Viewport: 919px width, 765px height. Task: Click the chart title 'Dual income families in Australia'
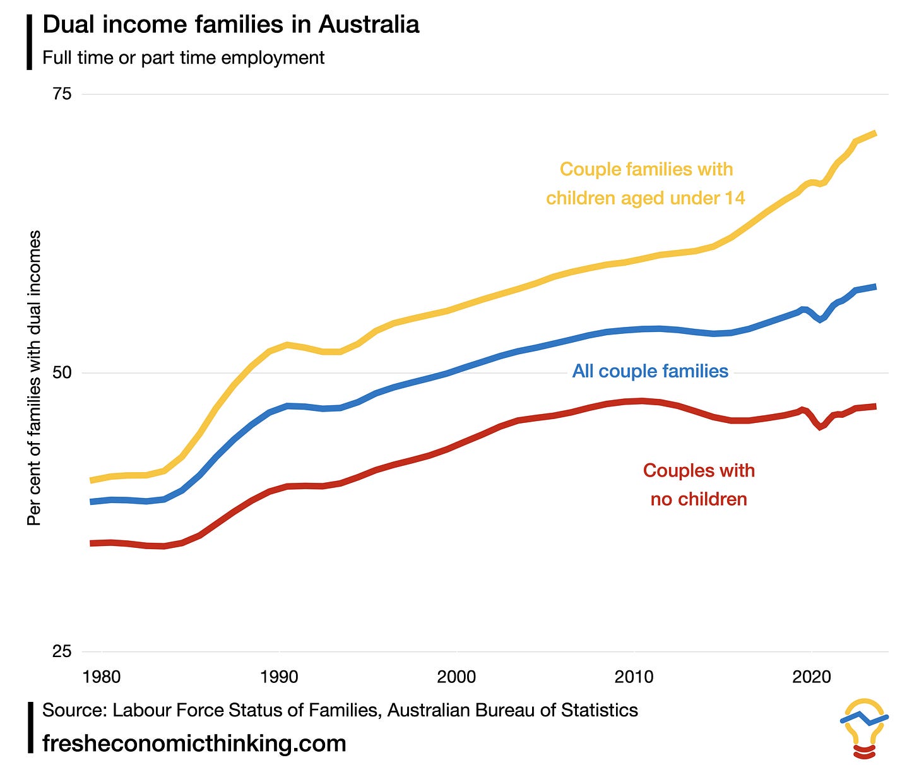coord(230,25)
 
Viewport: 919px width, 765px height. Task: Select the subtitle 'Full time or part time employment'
coord(183,57)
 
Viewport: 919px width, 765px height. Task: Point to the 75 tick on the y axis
coord(62,94)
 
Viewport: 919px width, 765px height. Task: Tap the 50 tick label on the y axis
coord(62,372)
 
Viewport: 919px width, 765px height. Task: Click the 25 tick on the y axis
coord(62,651)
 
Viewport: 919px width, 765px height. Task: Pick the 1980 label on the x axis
coord(102,677)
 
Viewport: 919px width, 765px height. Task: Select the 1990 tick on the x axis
coord(279,677)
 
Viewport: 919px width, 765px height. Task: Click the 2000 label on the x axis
coord(456,677)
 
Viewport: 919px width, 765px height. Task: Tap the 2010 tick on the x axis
coord(634,677)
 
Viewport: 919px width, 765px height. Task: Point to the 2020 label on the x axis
coord(811,677)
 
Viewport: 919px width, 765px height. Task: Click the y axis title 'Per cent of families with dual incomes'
coord(34,377)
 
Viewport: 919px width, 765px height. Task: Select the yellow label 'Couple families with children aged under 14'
coord(646,184)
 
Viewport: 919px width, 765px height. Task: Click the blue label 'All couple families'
coord(650,371)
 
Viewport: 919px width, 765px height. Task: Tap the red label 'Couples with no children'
coord(699,485)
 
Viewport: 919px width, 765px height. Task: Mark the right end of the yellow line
coord(875,133)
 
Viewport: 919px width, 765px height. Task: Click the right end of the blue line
coord(875,287)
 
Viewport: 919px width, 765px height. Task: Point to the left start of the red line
coord(92,543)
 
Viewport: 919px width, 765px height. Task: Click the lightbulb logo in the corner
coord(864,727)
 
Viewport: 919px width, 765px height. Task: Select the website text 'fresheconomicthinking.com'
coord(194,743)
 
